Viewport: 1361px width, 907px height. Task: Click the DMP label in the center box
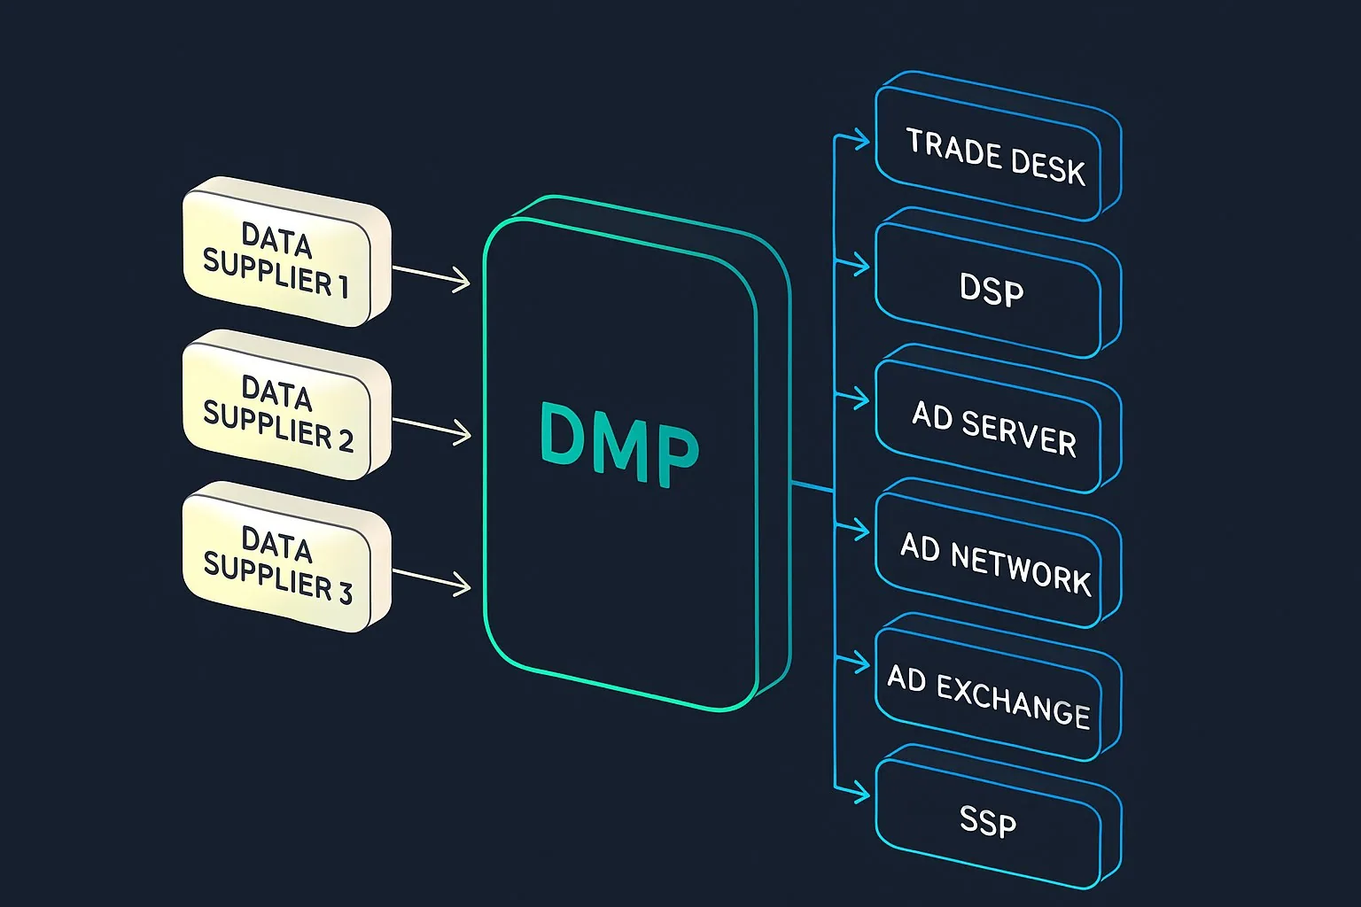[618, 445]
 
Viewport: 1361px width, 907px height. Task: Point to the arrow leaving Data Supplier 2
[432, 428]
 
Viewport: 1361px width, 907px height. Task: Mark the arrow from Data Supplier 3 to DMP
[432, 579]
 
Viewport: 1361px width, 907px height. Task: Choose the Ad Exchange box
[989, 695]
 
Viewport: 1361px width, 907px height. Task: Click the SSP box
[987, 822]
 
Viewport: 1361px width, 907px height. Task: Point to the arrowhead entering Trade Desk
[861, 139]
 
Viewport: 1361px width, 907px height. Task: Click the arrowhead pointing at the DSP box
[861, 265]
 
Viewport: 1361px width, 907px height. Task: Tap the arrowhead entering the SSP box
[861, 795]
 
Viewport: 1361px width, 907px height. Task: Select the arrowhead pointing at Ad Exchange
[861, 663]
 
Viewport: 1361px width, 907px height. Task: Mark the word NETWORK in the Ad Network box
[1020, 568]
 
